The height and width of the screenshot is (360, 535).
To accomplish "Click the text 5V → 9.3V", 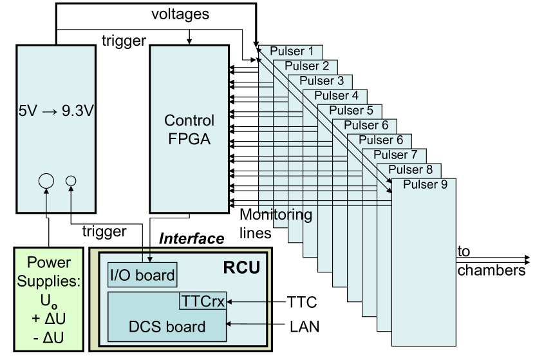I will pos(56,111).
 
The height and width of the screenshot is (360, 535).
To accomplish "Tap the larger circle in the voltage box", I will pos(46,181).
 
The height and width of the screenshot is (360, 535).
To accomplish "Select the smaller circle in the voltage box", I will pos(71,182).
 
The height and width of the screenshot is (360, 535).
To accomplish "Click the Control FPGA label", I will pos(189,129).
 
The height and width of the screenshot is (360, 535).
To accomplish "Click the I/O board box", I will pos(142,276).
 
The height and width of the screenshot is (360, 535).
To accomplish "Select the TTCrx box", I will pos(203,300).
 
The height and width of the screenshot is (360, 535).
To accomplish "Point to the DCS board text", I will pos(167,327).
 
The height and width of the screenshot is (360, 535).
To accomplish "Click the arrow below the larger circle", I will pos(46,201).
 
